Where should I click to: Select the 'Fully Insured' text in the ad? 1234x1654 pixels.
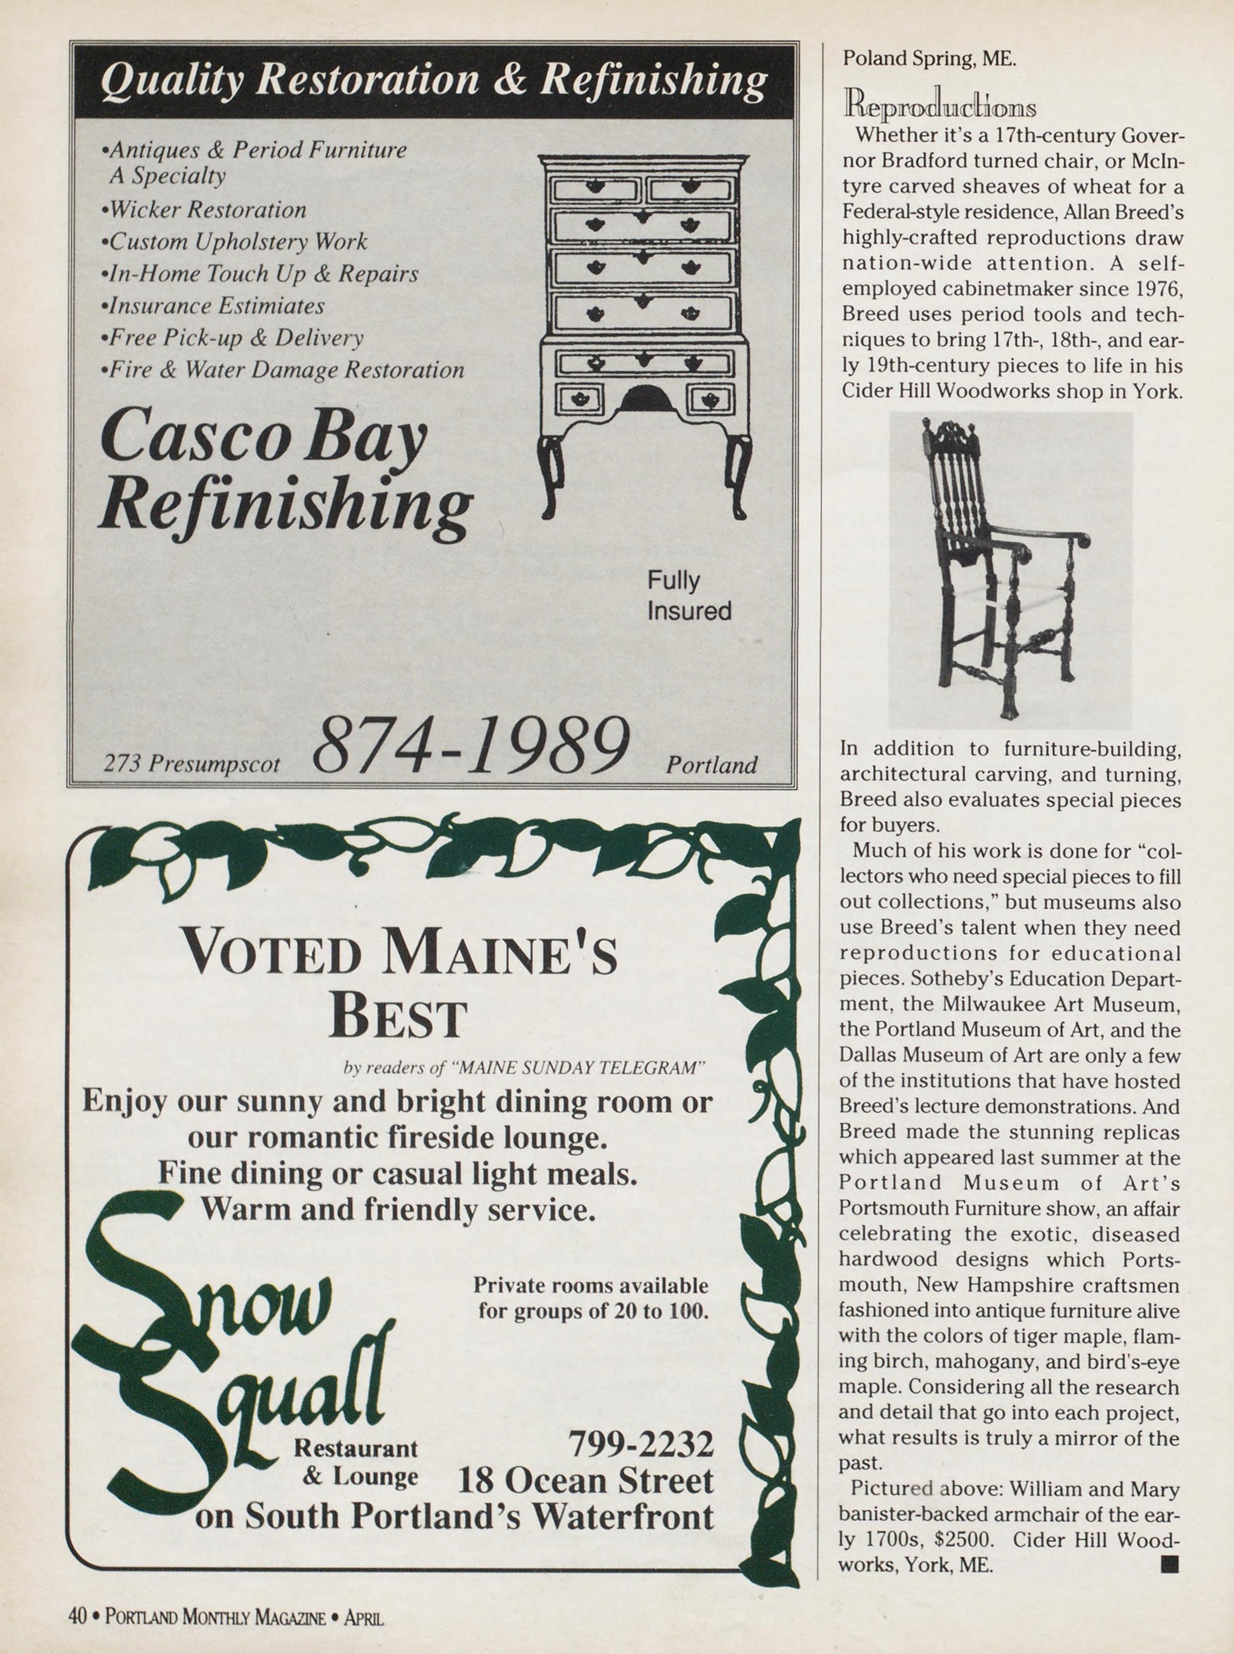689,596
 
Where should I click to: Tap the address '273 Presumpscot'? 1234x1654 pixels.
192,763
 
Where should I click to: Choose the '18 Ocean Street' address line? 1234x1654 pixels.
585,1480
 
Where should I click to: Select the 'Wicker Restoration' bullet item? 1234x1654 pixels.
204,210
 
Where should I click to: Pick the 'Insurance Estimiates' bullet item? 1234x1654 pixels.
213,306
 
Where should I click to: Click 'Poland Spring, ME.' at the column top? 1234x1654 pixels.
929,59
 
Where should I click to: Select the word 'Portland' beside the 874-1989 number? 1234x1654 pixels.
711,764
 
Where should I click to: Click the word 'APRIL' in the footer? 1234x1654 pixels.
363,1618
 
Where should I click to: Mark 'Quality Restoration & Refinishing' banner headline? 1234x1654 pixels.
433,80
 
